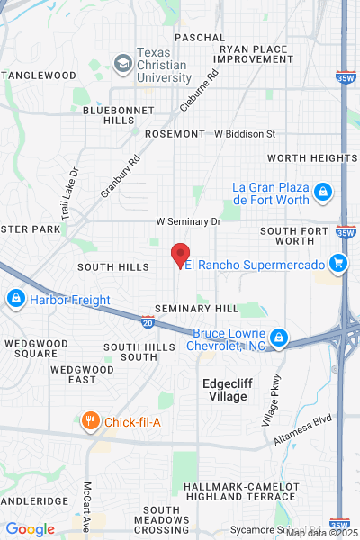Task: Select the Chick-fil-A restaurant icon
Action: point(90,420)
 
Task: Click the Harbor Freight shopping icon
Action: point(15,298)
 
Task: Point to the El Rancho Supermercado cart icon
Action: point(337,263)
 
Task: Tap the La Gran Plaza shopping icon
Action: point(322,191)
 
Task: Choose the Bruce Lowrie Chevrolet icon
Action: point(279,337)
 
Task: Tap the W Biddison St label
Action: point(244,134)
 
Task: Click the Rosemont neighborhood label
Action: point(175,133)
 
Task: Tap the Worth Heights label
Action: point(306,157)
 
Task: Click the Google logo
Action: point(30,529)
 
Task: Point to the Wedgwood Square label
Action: point(31,348)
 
